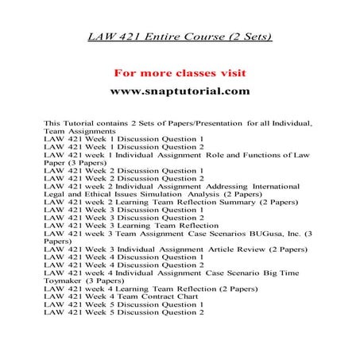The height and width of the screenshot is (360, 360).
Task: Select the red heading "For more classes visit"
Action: click(180, 73)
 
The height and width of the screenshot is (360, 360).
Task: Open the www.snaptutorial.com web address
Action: click(180, 91)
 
